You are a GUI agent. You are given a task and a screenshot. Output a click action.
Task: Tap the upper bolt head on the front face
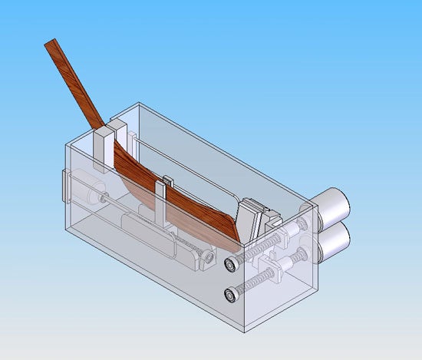point(231,264)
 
